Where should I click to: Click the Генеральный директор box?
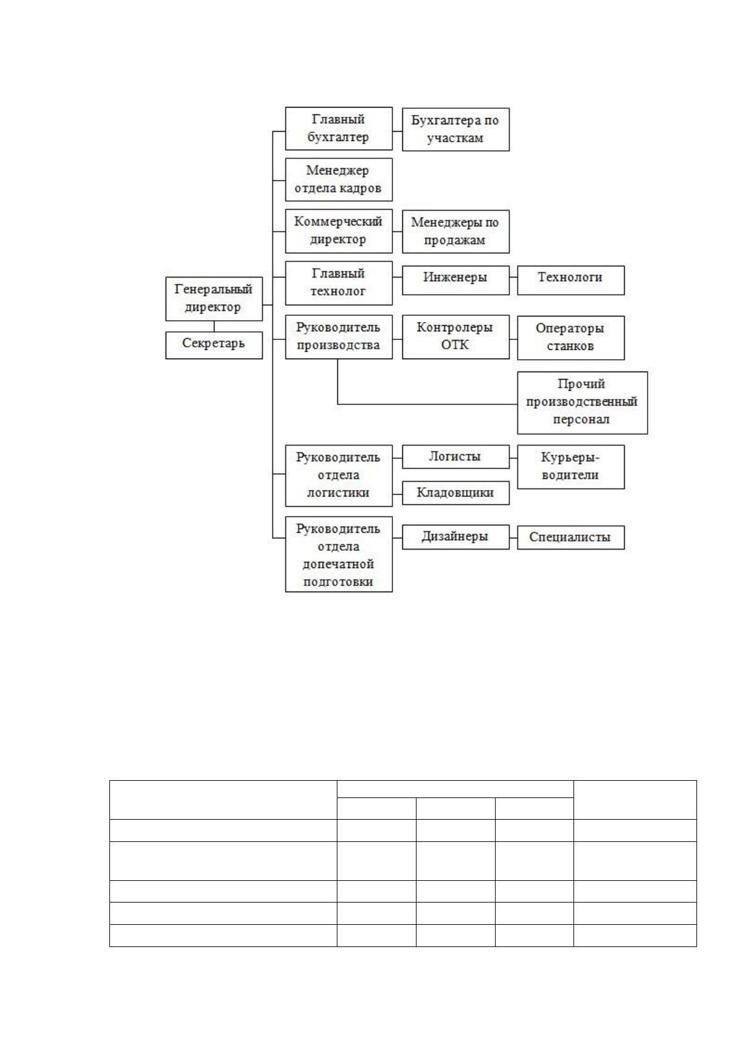[214, 299]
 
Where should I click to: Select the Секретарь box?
[214, 345]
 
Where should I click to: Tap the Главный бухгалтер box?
[339, 129]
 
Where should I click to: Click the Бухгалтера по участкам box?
[455, 130]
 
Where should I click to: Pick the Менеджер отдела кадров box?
[339, 180]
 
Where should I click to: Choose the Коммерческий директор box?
[339, 231]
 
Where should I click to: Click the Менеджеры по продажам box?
[455, 232]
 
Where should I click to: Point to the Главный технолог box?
[339, 283]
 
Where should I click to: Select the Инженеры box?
[455, 280]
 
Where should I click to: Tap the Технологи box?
[570, 280]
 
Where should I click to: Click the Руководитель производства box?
[339, 337]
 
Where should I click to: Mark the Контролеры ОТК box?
[455, 337]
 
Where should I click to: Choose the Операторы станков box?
[570, 338]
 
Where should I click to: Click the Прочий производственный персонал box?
[582, 403]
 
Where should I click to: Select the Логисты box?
[455, 457]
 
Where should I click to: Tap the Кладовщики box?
[455, 493]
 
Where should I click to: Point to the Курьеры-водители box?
[570, 467]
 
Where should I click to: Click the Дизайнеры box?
[455, 537]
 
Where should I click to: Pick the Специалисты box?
[570, 538]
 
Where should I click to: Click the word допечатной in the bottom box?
[338, 564]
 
